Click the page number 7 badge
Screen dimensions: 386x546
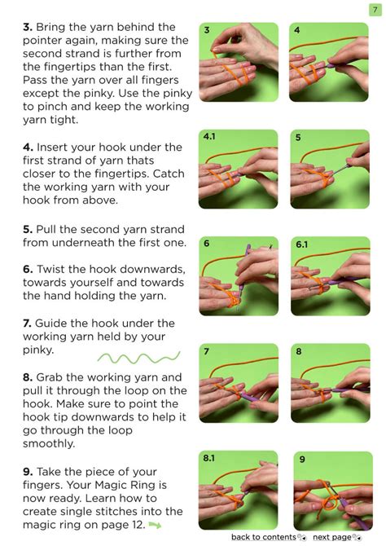click(x=375, y=10)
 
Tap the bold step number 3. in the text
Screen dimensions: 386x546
click(x=28, y=27)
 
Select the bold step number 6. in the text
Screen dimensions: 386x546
click(x=28, y=269)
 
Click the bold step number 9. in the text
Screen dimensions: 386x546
click(x=28, y=472)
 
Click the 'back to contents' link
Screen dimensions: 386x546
click(x=264, y=537)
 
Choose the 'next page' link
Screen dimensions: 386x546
click(x=332, y=537)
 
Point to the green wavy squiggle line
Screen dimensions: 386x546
click(x=139, y=357)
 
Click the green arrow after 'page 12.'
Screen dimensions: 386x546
click(x=155, y=525)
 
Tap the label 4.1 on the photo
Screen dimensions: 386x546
click(x=209, y=136)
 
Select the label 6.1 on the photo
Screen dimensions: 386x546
click(x=302, y=244)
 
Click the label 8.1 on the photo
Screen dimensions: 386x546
click(x=209, y=457)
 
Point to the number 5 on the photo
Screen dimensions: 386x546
click(x=298, y=138)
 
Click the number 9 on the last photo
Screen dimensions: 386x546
click(x=302, y=460)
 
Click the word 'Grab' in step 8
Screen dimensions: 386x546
click(x=50, y=377)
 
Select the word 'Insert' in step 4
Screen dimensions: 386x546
click(x=52, y=148)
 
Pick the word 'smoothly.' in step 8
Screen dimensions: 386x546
click(x=49, y=443)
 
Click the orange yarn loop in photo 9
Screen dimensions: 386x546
click(x=330, y=501)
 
